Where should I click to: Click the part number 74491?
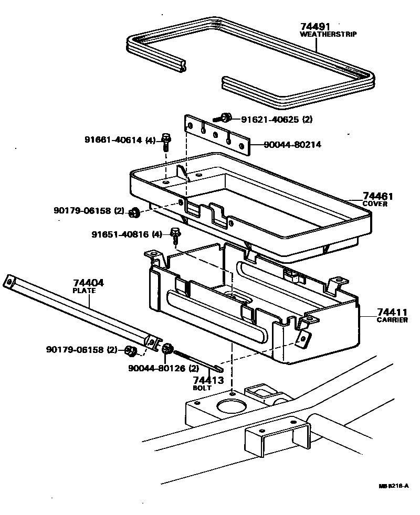317,27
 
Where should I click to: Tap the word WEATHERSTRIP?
328,34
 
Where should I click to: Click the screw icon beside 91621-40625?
225,118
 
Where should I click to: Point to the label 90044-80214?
292,145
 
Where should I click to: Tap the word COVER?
375,204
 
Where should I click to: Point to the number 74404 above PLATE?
88,283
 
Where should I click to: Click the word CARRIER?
392,320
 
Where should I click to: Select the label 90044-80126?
157,368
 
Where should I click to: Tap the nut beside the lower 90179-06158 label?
132,350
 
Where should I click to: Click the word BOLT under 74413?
202,388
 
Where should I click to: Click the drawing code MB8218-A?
394,486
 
